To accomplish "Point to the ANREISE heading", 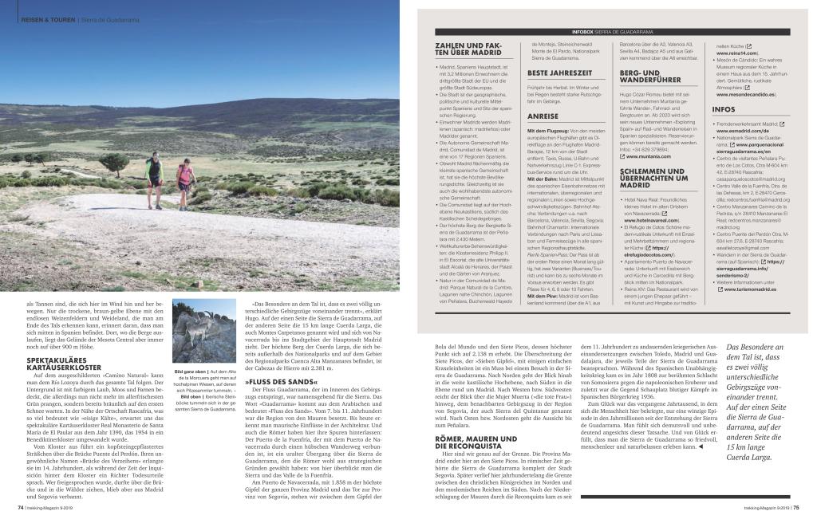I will click(x=543, y=116).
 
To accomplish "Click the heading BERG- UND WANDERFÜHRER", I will click(x=650, y=77).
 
